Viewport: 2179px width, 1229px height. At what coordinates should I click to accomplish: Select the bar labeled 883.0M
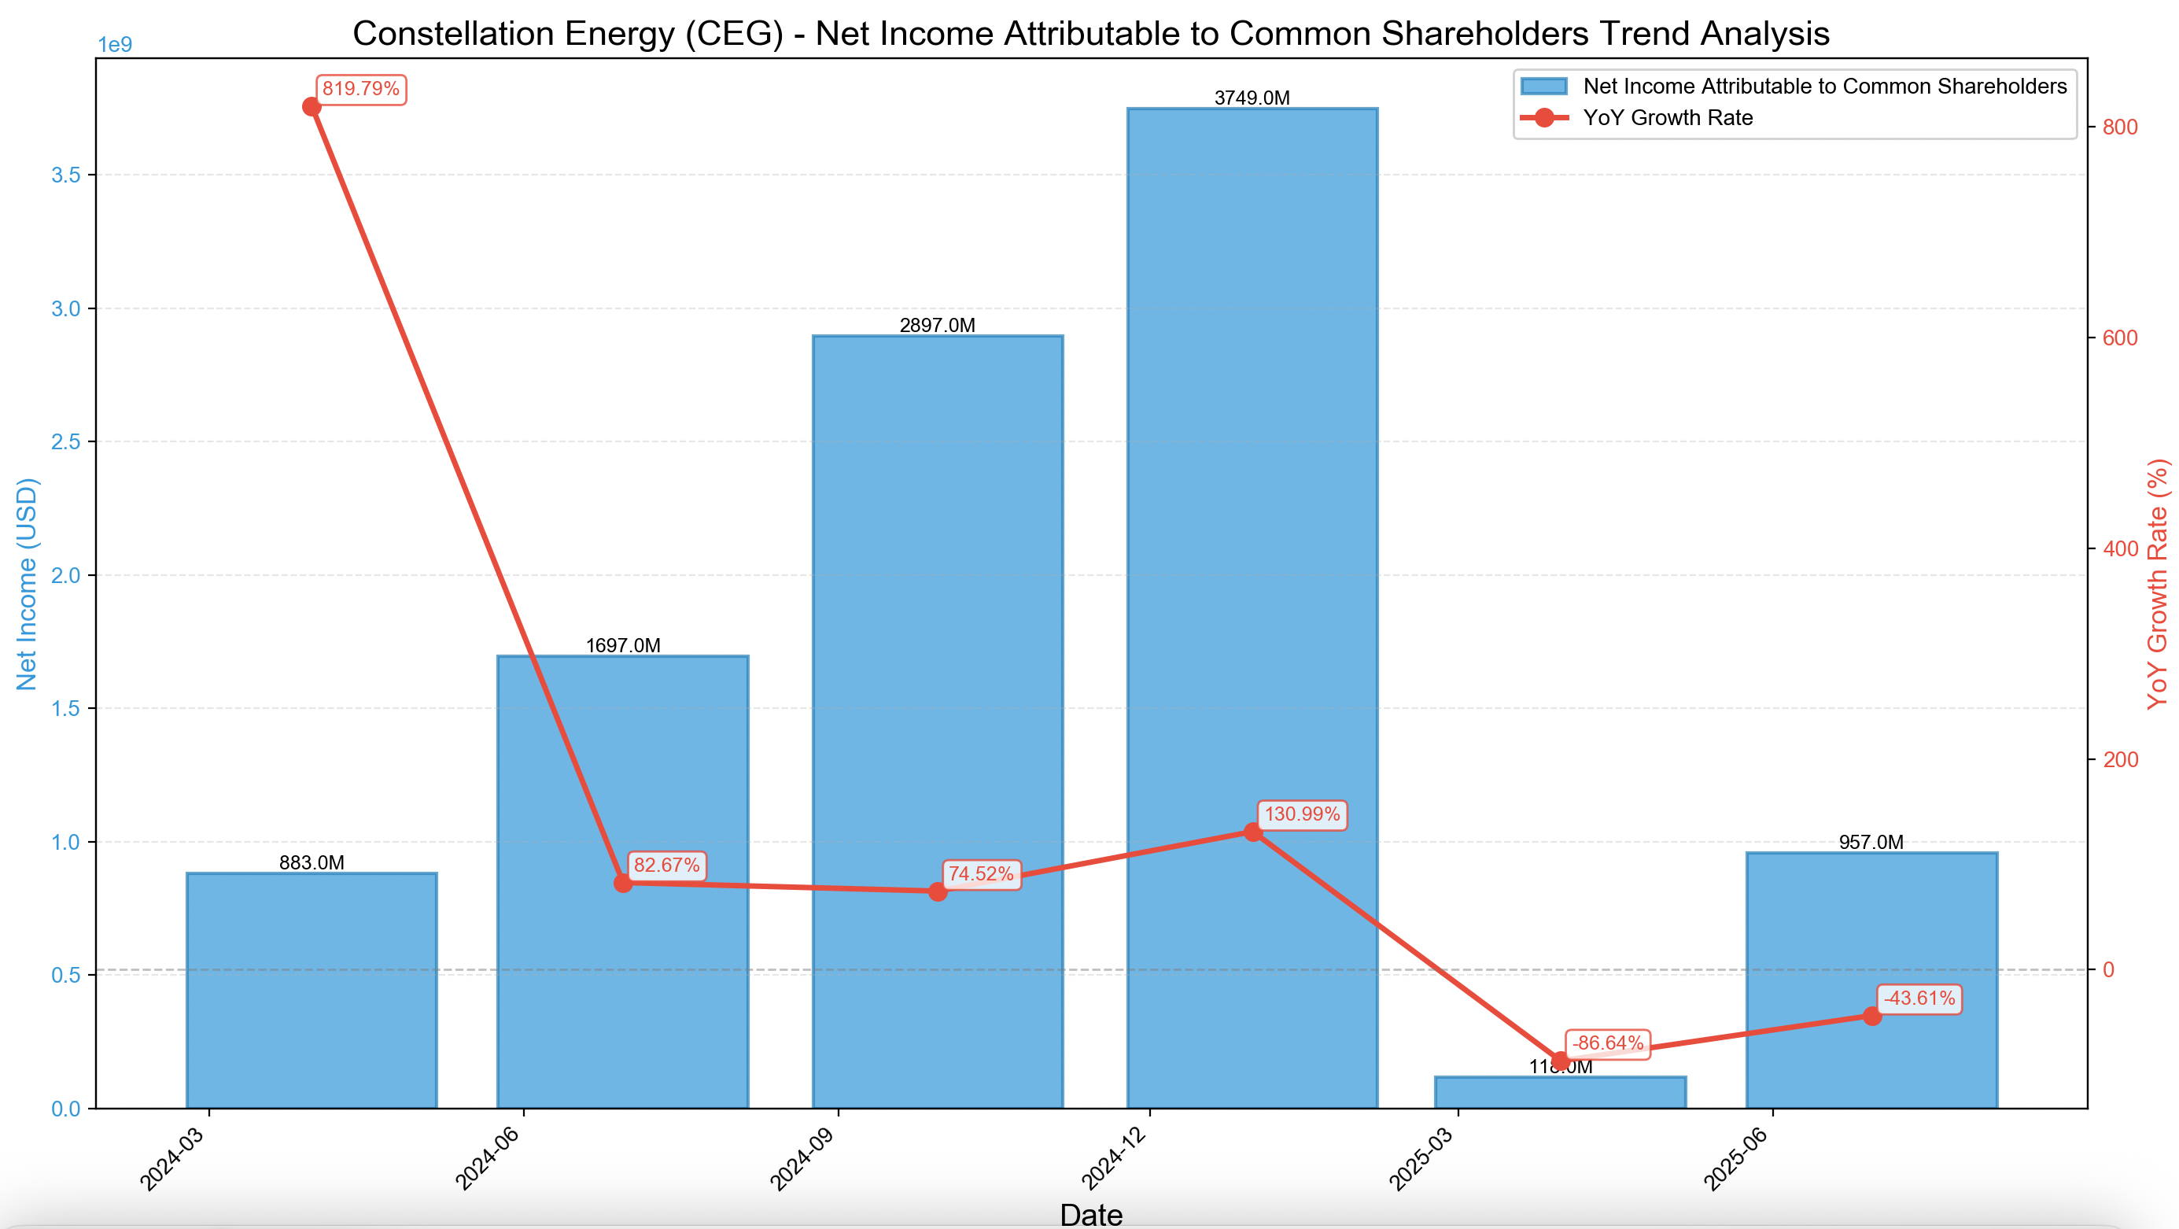312,990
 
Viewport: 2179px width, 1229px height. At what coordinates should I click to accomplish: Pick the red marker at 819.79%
312,106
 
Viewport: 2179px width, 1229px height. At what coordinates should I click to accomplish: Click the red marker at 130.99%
1253,832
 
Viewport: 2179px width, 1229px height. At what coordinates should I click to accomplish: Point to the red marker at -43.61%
1872,1016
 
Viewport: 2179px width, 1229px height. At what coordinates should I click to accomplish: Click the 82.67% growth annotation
666,865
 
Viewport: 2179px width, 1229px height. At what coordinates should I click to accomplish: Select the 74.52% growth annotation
980,873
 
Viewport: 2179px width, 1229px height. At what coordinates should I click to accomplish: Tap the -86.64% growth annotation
1606,1043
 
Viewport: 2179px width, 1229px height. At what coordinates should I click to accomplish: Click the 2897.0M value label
937,326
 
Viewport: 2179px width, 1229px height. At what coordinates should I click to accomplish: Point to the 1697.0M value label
622,645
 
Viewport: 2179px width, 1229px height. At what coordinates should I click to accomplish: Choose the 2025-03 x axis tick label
1422,1159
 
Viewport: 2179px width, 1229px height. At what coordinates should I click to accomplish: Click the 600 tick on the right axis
2120,338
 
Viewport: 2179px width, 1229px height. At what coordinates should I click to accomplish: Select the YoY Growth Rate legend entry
1667,117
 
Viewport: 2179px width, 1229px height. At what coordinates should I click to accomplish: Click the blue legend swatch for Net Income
1543,87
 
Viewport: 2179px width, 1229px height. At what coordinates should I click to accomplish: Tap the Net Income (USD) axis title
27,584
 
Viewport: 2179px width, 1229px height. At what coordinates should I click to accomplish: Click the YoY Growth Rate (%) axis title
2158,584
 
